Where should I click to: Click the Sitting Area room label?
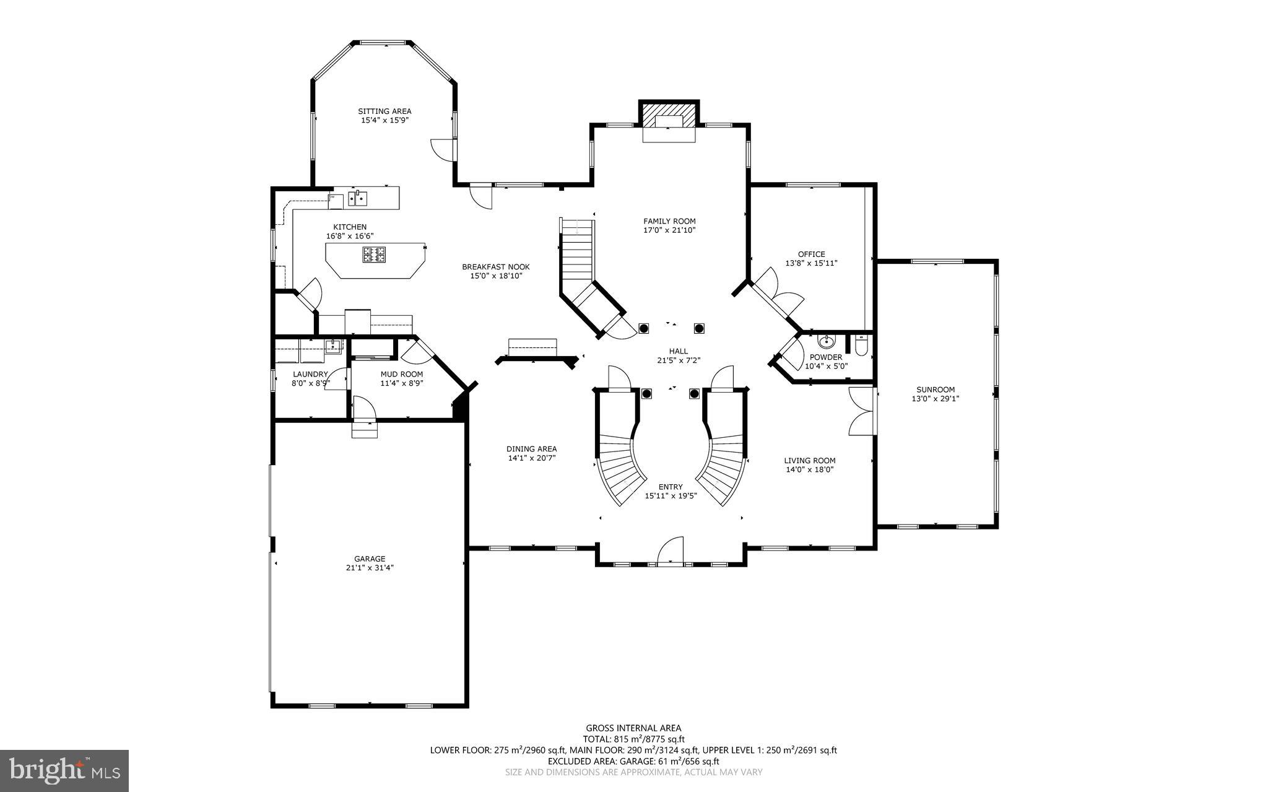[384, 111]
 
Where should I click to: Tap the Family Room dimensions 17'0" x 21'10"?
[669, 230]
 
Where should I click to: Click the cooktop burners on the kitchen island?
[374, 253]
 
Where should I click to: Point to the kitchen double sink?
[357, 198]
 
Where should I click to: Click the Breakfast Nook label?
[495, 267]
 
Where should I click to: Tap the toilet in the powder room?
[861, 346]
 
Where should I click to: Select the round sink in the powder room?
[826, 341]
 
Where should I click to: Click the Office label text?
[811, 254]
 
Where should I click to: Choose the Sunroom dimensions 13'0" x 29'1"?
[936, 399]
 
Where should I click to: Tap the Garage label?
[370, 559]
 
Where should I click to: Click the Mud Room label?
[401, 374]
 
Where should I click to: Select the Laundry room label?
[310, 374]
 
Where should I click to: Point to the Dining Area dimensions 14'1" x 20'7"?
[531, 458]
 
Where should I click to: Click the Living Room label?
[809, 460]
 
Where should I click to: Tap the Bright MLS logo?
[64, 770]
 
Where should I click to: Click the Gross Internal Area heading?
[633, 728]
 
